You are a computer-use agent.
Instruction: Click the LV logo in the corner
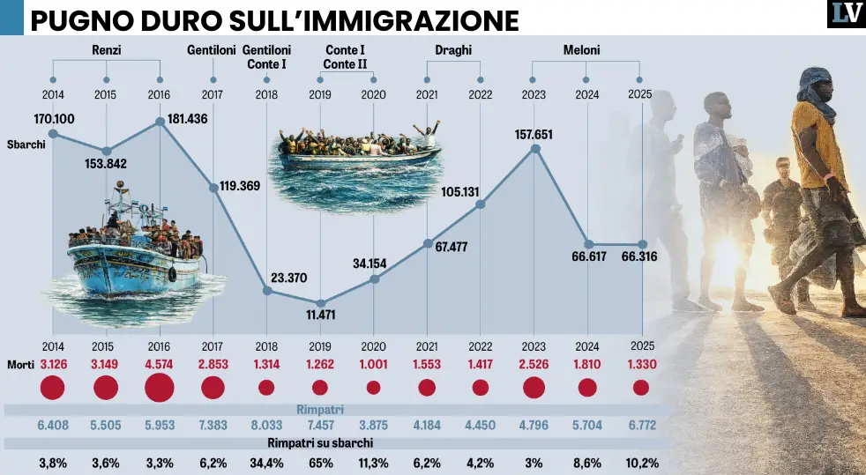(846, 14)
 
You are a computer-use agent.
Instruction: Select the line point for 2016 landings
(161, 122)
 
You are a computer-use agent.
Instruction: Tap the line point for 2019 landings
(320, 303)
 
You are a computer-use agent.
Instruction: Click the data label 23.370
(289, 278)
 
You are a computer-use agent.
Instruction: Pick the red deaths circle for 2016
(160, 387)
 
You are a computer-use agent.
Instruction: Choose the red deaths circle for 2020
(373, 387)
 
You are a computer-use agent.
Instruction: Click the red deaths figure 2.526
(534, 364)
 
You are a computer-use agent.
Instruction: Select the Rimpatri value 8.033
(266, 426)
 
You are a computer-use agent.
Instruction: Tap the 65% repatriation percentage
(320, 463)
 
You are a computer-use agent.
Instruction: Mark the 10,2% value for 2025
(640, 463)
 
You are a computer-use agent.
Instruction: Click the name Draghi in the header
(453, 50)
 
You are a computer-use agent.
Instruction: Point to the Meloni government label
(581, 50)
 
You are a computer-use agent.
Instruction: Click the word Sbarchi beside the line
(26, 145)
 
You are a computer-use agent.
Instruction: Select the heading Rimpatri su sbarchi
(320, 443)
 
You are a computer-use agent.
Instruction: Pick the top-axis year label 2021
(427, 95)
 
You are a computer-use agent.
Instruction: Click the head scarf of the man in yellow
(815, 91)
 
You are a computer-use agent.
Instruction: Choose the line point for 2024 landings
(589, 244)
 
